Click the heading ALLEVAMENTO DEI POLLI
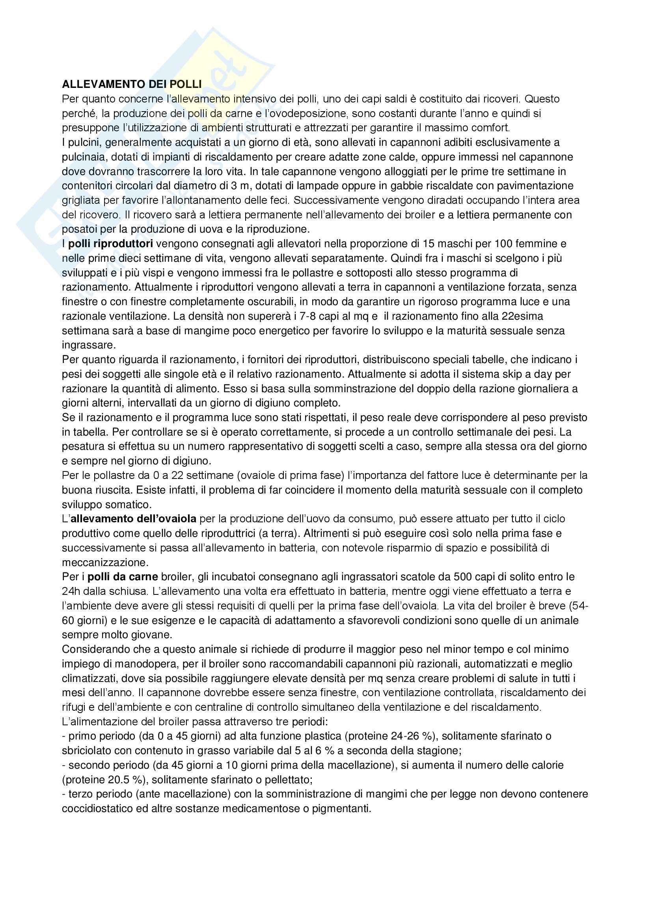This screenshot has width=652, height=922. point(132,84)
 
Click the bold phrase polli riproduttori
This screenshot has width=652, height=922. point(110,244)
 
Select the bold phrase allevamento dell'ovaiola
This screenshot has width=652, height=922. point(134,519)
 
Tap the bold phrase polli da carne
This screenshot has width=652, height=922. point(123,577)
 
